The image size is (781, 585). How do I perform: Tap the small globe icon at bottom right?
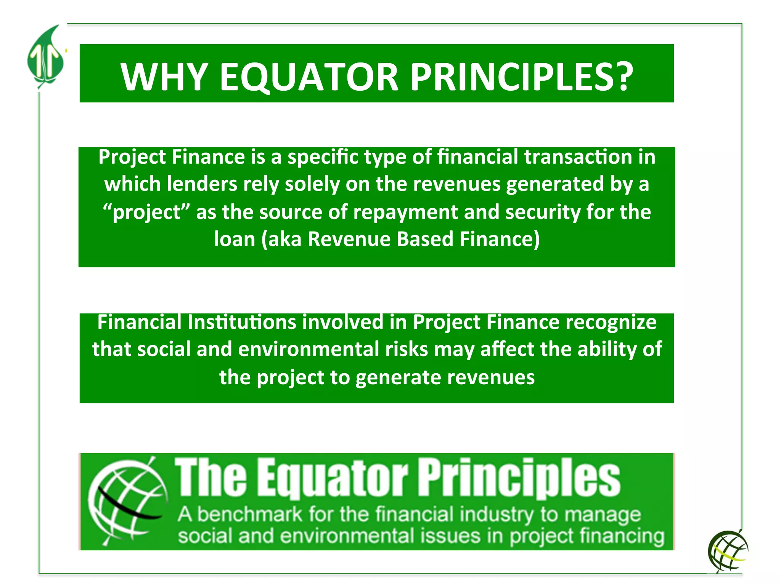click(x=728, y=551)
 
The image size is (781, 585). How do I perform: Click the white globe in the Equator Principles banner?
click(x=128, y=501)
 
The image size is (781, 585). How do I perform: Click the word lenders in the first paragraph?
click(x=202, y=184)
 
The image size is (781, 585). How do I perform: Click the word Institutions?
click(x=242, y=322)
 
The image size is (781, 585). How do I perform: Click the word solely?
click(x=312, y=184)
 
